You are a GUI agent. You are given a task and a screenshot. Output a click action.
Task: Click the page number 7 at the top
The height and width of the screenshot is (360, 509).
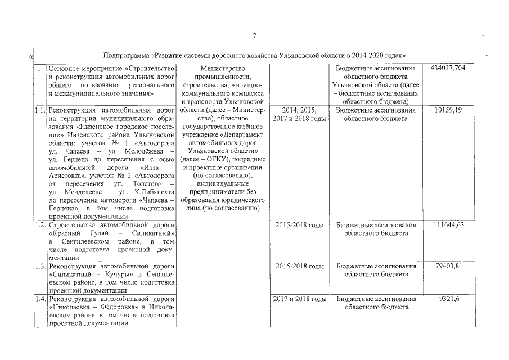(x=254, y=36)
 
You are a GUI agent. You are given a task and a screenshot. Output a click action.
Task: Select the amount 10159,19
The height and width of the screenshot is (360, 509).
(x=448, y=110)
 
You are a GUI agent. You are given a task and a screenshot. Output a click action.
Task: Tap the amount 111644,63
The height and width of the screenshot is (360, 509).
(x=448, y=225)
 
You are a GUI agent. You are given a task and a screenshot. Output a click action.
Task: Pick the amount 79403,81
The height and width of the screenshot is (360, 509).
(x=448, y=266)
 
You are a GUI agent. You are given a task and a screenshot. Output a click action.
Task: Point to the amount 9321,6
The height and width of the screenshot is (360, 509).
(x=448, y=299)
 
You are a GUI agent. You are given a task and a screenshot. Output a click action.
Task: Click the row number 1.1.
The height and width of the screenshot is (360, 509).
(x=39, y=110)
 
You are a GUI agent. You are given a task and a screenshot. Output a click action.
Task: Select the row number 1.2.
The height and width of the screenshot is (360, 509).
(x=39, y=225)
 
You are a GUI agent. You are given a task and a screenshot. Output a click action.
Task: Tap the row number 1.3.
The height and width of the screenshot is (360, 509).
(x=39, y=266)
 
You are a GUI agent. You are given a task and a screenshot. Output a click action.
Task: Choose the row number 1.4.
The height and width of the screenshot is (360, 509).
(x=39, y=299)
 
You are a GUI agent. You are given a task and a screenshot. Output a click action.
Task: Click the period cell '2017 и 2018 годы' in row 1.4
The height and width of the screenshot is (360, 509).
(x=299, y=299)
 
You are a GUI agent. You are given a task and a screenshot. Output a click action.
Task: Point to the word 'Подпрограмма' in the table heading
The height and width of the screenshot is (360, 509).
(x=128, y=56)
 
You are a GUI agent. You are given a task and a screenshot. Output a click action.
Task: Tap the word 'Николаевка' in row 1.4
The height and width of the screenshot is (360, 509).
(x=71, y=307)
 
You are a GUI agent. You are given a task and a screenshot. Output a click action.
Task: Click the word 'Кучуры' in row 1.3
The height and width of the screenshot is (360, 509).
(x=118, y=274)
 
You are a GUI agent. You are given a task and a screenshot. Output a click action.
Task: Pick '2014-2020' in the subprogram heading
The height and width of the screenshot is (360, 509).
(x=364, y=56)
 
